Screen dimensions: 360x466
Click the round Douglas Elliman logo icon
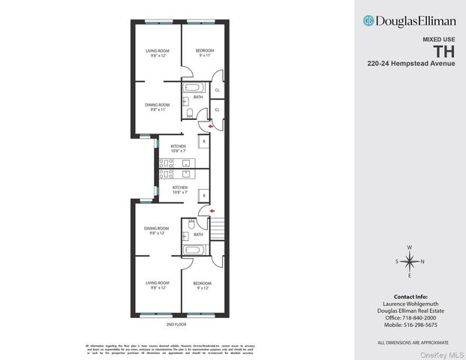(368, 20)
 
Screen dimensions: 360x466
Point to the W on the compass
(409, 247)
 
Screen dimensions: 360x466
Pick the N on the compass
(423, 261)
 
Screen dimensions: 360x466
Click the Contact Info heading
(409, 297)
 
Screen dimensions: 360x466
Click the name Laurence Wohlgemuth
(409, 304)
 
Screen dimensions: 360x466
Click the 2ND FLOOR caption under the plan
(176, 324)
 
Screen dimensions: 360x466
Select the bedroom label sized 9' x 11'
(205, 52)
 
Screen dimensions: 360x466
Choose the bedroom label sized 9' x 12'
(202, 285)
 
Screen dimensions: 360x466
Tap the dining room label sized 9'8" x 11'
(157, 106)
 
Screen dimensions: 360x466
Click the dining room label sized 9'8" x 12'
(157, 230)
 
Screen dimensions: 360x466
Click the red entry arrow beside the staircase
(212, 211)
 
